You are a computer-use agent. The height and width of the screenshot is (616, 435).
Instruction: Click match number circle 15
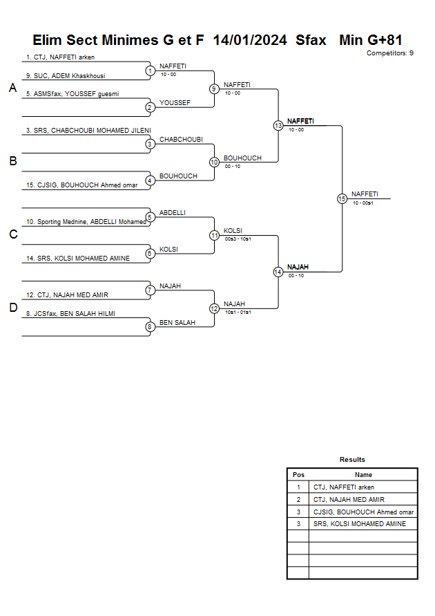point(342,198)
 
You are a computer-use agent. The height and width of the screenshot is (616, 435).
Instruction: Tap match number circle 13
point(278,126)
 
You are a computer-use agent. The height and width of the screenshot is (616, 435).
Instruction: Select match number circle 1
point(150,71)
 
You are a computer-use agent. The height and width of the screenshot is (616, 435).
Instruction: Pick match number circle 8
point(150,327)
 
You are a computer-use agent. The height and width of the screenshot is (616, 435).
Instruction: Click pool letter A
point(12,88)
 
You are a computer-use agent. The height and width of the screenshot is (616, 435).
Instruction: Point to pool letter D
point(12,308)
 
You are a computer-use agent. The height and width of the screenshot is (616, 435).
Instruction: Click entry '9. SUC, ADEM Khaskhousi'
point(66,76)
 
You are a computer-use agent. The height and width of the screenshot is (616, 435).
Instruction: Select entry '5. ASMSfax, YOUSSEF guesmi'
point(72,94)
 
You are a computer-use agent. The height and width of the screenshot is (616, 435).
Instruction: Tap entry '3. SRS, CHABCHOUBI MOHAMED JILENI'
point(88,130)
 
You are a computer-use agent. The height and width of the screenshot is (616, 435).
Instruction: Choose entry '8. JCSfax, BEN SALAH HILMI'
point(70,314)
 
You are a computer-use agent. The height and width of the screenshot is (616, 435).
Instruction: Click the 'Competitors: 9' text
point(390,53)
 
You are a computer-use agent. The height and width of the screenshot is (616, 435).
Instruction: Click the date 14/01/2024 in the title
point(250,40)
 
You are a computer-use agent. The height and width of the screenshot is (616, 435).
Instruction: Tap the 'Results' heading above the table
point(352,460)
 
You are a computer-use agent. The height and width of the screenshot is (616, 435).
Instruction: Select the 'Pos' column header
point(298,475)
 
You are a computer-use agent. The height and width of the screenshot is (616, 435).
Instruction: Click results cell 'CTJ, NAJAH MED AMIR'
point(349,499)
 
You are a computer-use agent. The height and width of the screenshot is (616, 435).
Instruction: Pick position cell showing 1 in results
point(298,487)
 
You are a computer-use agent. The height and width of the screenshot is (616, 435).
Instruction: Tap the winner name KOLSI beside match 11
point(233,231)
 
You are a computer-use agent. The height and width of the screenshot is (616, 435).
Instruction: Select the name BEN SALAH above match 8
point(177,323)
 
